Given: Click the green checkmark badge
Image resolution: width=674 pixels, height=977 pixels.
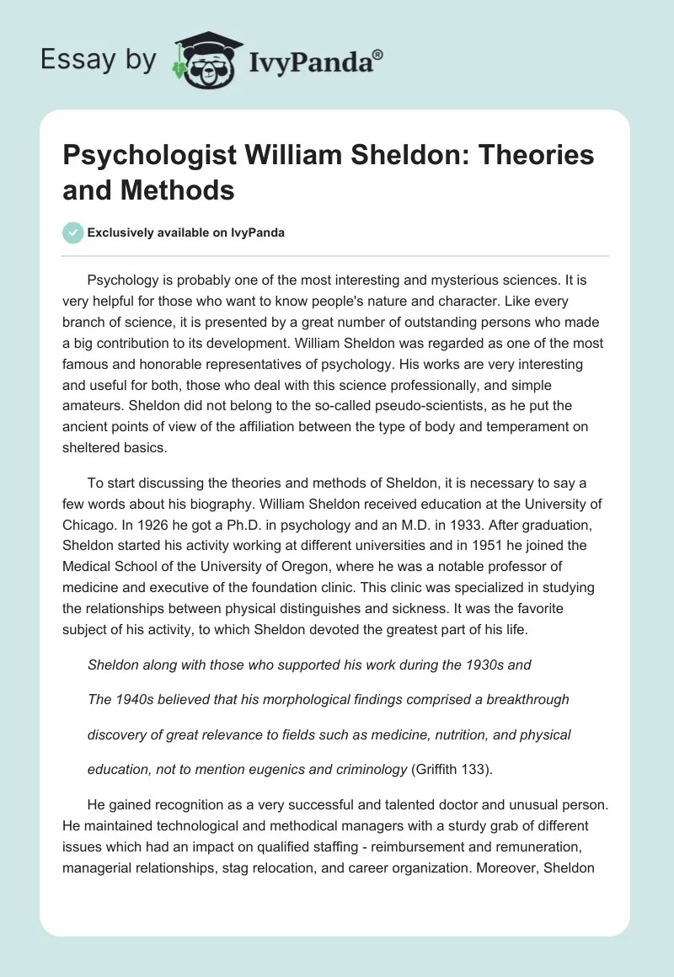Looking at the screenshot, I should [x=72, y=232].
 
